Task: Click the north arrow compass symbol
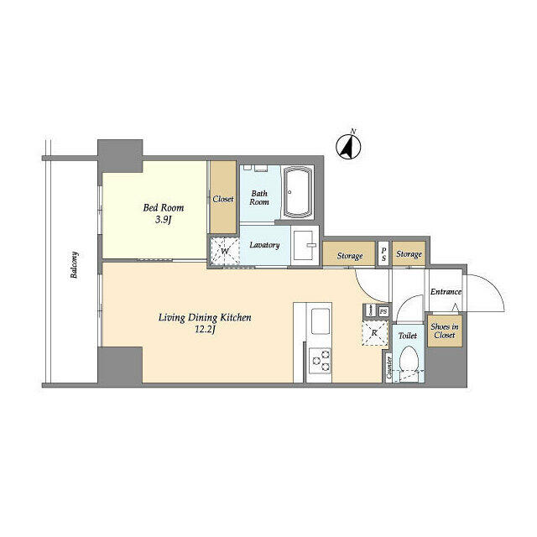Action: pos(347,147)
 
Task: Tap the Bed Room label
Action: pos(163,207)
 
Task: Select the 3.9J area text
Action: pos(163,220)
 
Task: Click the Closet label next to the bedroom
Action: pos(223,199)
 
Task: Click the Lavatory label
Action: pos(264,245)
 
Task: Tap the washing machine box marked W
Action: pos(224,249)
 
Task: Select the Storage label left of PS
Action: pos(350,255)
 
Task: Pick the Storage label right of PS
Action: pos(409,253)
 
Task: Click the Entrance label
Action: pos(446,292)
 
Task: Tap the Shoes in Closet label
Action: pos(444,331)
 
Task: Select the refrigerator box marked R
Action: pos(374,333)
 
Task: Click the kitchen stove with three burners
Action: pos(320,362)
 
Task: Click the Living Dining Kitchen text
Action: pos(206,317)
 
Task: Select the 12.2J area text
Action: pos(206,330)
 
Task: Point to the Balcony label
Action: pos(75,266)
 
